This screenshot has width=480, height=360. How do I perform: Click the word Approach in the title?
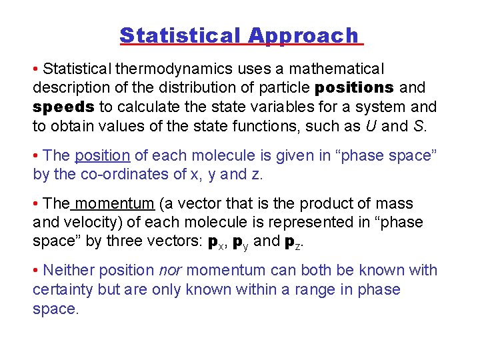pos(303,35)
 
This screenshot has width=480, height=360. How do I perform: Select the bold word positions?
pos(354,88)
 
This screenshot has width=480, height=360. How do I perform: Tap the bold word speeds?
pos(63,107)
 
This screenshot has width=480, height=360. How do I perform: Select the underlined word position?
pos(102,156)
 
